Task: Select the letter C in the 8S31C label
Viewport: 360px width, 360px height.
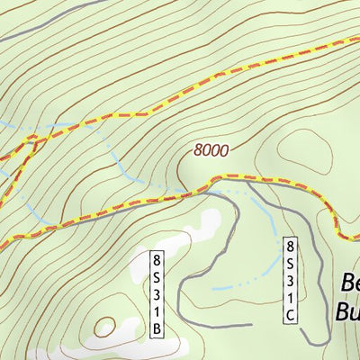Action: (x=290, y=314)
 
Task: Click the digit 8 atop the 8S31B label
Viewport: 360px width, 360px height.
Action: (x=157, y=261)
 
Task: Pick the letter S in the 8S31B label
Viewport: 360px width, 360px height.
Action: (x=157, y=278)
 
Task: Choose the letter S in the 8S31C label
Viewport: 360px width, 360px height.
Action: (x=290, y=263)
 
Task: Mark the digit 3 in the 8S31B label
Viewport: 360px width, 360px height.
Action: (x=157, y=295)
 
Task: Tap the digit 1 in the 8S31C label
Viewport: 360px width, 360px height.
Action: (x=290, y=297)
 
